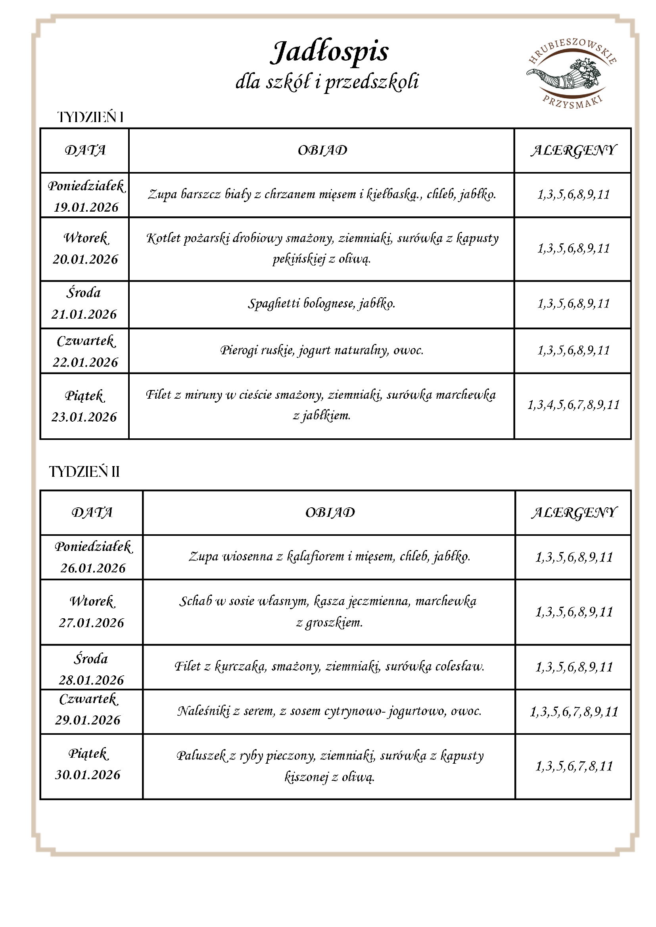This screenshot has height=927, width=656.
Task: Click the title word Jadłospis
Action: [x=329, y=52]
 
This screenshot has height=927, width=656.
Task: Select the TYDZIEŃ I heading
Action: [x=90, y=117]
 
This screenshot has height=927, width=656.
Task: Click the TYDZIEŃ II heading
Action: [x=84, y=472]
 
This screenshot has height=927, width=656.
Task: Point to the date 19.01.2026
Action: [x=86, y=208]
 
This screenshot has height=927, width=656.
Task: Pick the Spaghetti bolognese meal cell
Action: [x=322, y=304]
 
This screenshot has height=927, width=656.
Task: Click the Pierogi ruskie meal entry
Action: [x=322, y=350]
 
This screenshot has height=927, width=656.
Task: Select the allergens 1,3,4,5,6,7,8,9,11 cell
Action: [x=573, y=405]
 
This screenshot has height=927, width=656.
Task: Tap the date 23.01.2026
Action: [x=84, y=417]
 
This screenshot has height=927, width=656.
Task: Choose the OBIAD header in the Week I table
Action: [x=322, y=150]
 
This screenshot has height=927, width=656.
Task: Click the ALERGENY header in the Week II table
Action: [x=574, y=512]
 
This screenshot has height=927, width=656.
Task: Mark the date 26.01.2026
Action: [x=93, y=568]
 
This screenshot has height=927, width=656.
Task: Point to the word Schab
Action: [x=196, y=601]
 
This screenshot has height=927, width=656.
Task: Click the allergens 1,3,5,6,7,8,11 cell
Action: [x=574, y=766]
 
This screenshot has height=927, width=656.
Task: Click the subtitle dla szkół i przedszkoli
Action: [x=327, y=82]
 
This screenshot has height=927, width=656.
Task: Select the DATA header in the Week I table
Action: [x=85, y=150]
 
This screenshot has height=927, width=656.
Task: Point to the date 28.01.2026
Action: [x=91, y=680]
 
